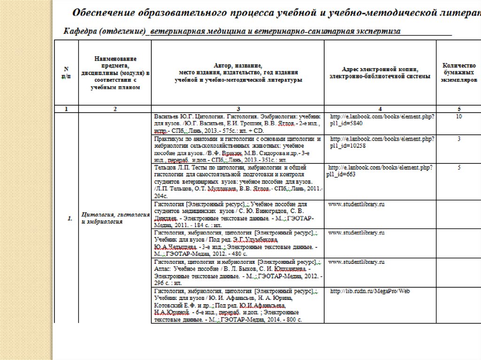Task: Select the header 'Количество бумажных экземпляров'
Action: pyautogui.click(x=458, y=73)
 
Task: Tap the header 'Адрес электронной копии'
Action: pyautogui.click(x=380, y=73)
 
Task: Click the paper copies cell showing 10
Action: pyautogui.click(x=458, y=116)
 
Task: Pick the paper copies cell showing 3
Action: pyautogui.click(x=458, y=139)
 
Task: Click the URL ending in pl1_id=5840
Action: pyautogui.click(x=382, y=119)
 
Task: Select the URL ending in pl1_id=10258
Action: pyautogui.click(x=382, y=143)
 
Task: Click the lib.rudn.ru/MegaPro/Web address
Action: pyautogui.click(x=370, y=291)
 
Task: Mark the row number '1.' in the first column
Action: pyautogui.click(x=69, y=219)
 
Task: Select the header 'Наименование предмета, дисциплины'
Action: pyautogui.click(x=115, y=73)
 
